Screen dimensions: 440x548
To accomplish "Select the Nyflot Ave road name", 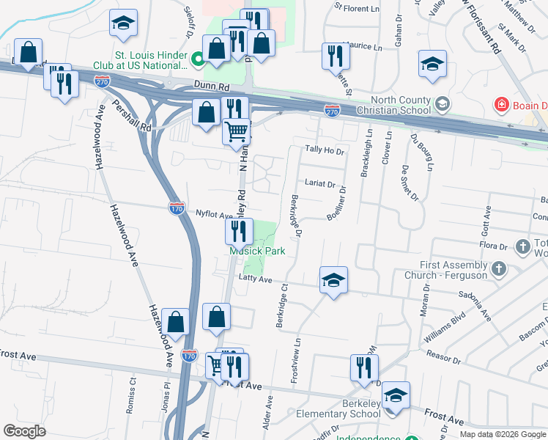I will coord(214,215).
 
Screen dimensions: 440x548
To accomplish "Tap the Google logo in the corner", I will coord(25,430).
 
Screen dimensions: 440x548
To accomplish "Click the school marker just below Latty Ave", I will coord(333,280).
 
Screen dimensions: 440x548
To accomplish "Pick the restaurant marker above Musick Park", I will coord(239,232).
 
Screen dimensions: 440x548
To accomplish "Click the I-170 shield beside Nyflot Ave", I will coord(177,209).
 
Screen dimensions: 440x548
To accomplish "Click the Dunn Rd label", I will coord(209,85).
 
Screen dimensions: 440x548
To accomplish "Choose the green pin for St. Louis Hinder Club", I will coord(196,59).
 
